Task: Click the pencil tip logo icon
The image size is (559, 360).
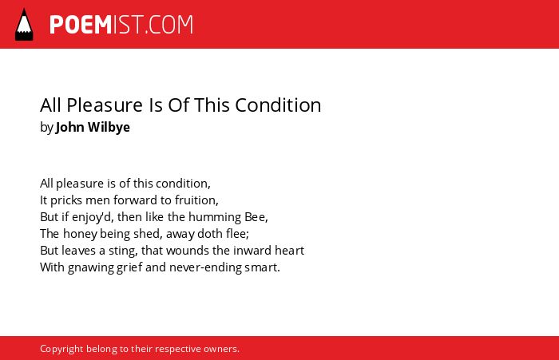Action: tap(24, 24)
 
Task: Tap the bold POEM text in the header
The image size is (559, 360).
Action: tap(81, 25)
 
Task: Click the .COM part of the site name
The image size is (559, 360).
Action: tap(169, 25)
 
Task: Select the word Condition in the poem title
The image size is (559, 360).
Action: tap(278, 105)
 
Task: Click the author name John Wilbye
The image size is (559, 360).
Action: tap(93, 127)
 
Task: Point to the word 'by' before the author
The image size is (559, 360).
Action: tap(46, 128)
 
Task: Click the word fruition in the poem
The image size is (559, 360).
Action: tap(196, 200)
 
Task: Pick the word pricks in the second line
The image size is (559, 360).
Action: tap(66, 200)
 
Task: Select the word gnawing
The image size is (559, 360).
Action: tap(90, 267)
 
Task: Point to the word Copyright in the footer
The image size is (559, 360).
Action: tap(61, 349)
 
